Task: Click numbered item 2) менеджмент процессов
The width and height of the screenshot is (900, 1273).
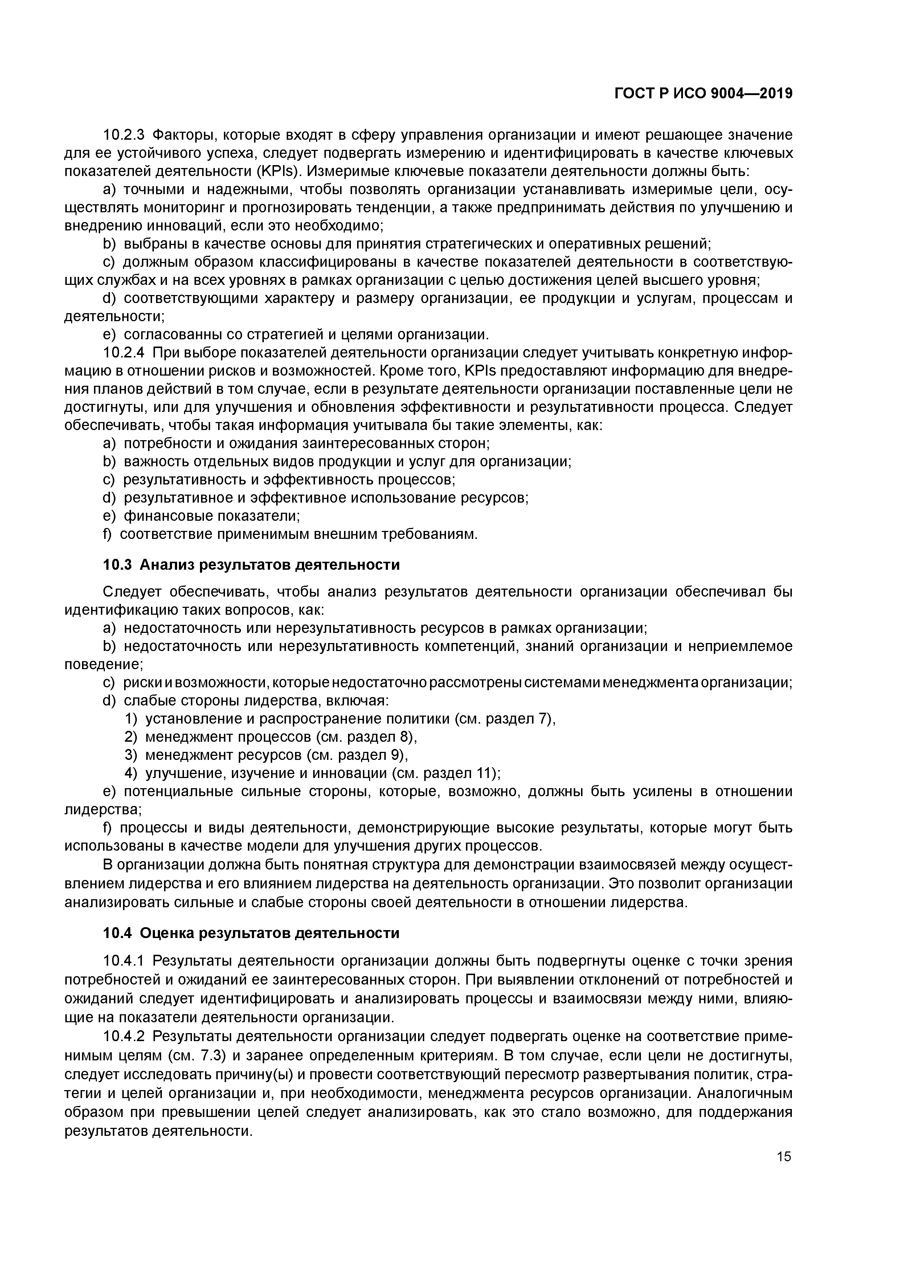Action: [x=270, y=737]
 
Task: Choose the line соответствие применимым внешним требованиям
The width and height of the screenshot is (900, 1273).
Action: [x=298, y=535]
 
